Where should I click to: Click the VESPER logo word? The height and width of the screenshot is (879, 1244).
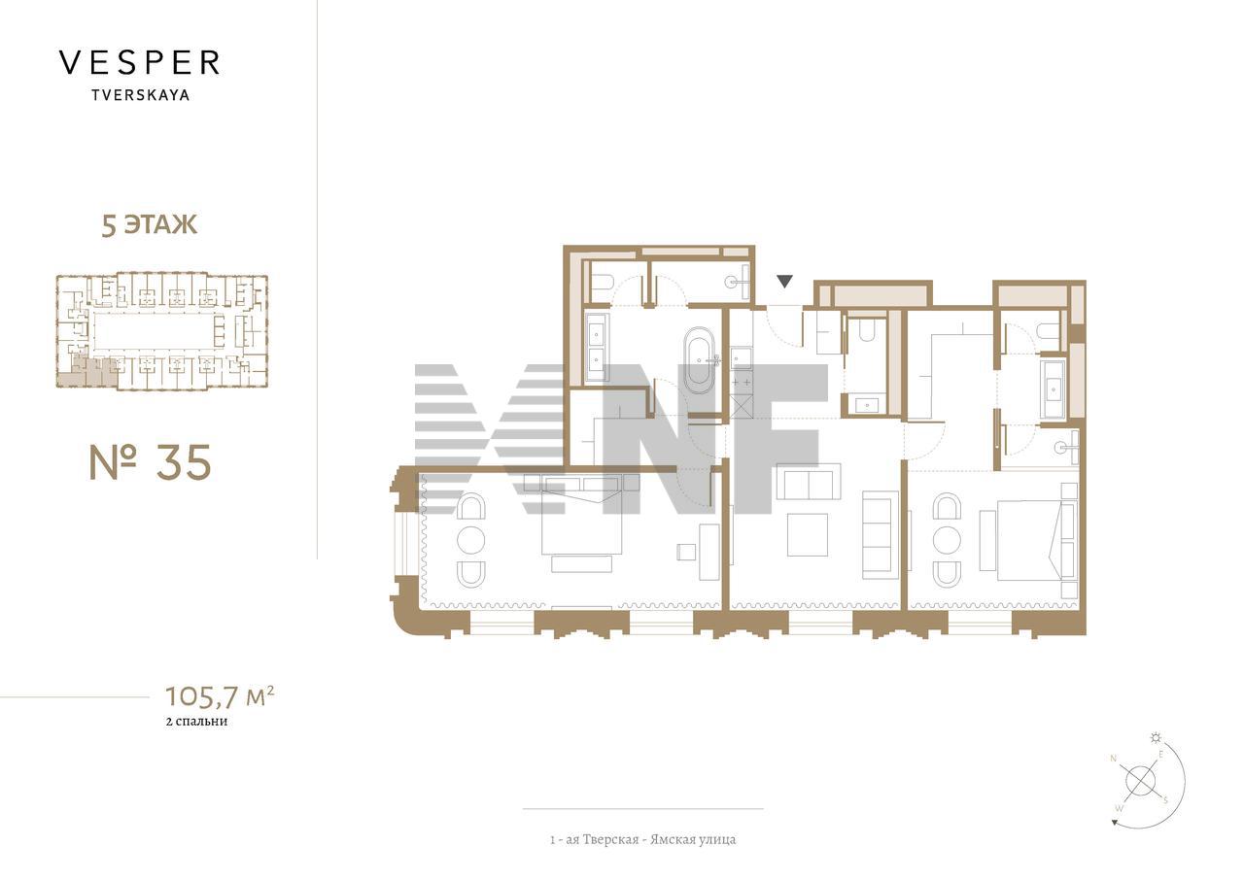pos(139,63)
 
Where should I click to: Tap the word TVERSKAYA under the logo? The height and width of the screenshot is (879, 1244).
pos(141,95)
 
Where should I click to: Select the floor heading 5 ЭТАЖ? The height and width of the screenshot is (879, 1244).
pos(150,224)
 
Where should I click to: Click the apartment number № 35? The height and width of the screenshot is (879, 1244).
pos(151,462)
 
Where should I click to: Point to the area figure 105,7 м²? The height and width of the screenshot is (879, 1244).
pos(220,695)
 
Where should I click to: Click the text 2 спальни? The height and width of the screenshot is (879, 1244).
pos(196,722)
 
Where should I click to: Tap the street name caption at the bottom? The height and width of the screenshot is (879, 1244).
pos(643,839)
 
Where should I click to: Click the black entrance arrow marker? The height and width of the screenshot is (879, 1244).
pos(784,282)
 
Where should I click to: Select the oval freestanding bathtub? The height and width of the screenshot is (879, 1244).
pos(699,359)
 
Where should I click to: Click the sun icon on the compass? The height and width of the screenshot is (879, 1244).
pos(1157,738)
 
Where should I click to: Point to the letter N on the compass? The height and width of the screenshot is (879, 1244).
pos(1113,758)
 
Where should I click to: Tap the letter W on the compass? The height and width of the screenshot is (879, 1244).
pos(1119,808)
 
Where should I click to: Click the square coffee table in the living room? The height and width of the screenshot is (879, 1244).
pos(808,534)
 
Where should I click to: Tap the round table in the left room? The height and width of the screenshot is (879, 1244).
pos(471,540)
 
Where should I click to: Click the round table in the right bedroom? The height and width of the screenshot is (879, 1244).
pos(947,540)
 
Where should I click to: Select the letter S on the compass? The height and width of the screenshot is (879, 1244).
pos(1165,800)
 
